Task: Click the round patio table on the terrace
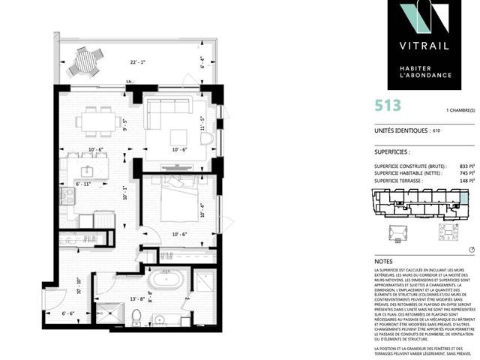pos(84,62)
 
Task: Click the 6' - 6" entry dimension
pos(69,313)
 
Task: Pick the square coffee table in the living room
pos(178,136)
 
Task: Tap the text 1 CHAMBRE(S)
pos(460,112)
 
